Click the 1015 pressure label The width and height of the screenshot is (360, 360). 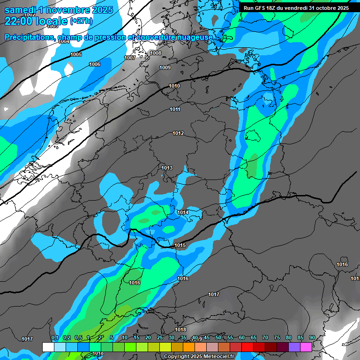tap(180, 245)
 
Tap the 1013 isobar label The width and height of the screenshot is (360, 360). tap(167, 168)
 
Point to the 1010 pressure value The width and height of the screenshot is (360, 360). tap(174, 86)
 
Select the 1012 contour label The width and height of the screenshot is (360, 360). tap(178, 134)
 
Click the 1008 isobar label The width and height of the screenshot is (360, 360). tap(156, 53)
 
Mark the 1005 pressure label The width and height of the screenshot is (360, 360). tap(76, 55)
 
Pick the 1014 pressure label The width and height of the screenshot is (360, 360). tap(183, 212)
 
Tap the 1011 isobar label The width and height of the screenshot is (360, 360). tap(175, 109)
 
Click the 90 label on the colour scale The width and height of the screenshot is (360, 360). tap(312, 338)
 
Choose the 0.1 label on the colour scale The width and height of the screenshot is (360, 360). tap(55, 338)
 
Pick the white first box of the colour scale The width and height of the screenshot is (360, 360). tap(48, 347)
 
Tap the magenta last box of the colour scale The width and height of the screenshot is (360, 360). tap(306, 347)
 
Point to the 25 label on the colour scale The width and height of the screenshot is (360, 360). tap(160, 338)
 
